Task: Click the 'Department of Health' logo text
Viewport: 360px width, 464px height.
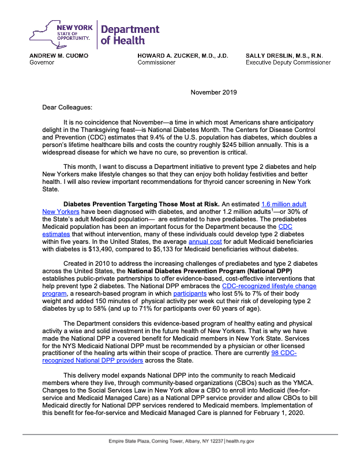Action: (130, 35)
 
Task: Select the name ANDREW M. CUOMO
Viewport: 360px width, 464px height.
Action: (59, 55)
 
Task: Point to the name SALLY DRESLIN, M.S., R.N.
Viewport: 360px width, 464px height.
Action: (284, 55)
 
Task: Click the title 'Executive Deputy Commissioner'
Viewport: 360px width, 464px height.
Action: (288, 62)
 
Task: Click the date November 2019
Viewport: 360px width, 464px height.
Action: (213, 92)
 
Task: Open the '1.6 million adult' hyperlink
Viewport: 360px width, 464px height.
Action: (283, 204)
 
